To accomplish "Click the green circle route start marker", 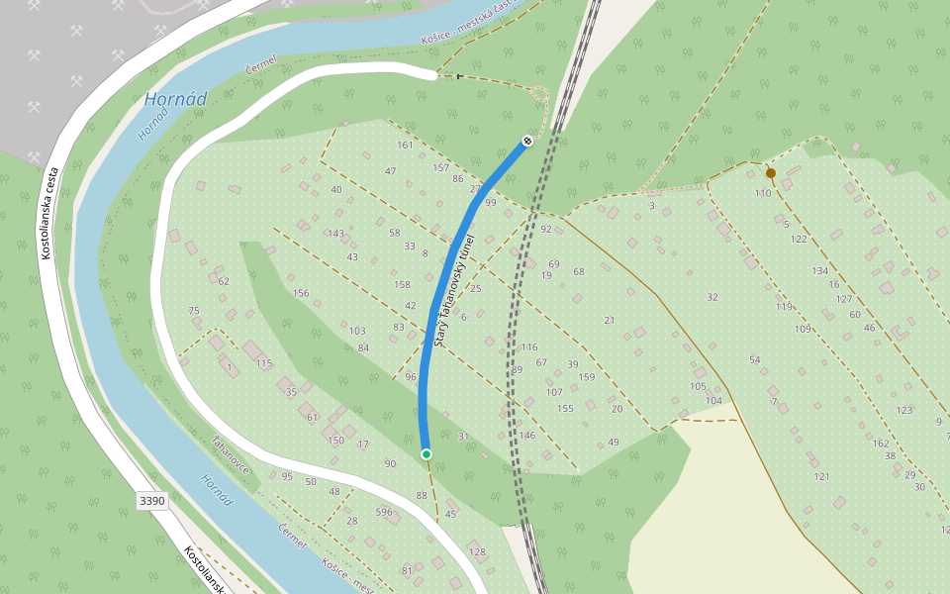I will coord(427,453).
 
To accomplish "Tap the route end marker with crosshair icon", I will coord(528,141).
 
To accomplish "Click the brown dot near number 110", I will coord(771,173).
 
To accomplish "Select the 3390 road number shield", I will coord(152,501).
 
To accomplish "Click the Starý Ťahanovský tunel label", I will coord(454,290).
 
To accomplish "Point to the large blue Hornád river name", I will coord(176,99).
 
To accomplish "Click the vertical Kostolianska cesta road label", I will coord(49,213).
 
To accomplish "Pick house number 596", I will coord(384,512).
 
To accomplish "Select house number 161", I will coord(405,146).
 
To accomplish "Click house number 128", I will coord(477,551).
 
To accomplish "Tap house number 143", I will coord(336,234).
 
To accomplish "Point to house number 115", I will coord(263,363).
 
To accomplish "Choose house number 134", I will coord(820,271).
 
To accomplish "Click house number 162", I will coord(882,444).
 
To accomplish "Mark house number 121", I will coord(821,477).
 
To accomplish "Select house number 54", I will coord(755,359).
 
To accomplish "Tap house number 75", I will coord(194,311).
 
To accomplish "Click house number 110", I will coord(763,193).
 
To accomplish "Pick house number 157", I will coord(440,167).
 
